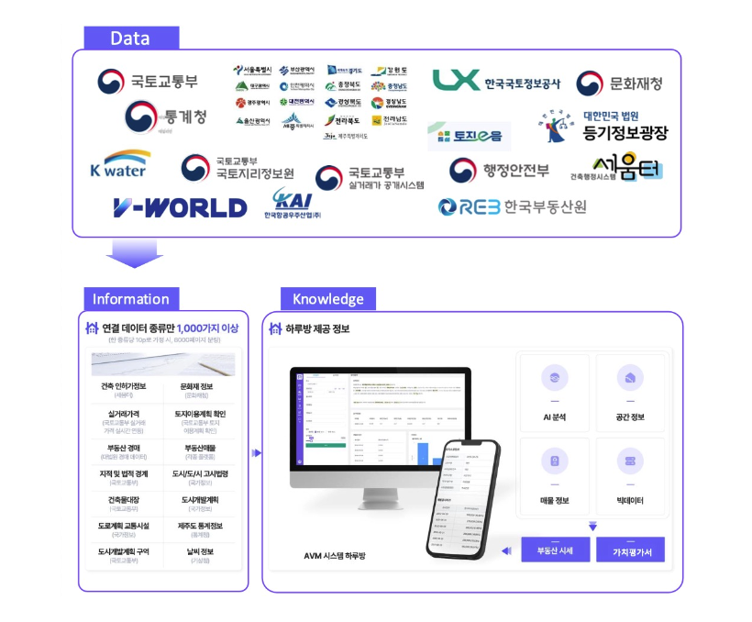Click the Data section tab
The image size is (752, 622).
point(130,39)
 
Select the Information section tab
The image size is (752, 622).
point(131,299)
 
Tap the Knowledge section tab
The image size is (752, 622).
point(327,299)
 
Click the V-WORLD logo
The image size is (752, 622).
point(180,207)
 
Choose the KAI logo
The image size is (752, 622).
point(297,204)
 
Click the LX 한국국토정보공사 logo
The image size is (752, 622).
point(496,82)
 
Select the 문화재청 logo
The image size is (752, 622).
point(619,83)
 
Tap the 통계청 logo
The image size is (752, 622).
point(166,117)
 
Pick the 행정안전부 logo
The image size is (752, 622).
point(499,170)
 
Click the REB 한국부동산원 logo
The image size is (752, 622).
point(512,206)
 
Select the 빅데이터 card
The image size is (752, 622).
point(631,476)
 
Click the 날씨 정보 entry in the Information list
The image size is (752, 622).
point(196,555)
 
